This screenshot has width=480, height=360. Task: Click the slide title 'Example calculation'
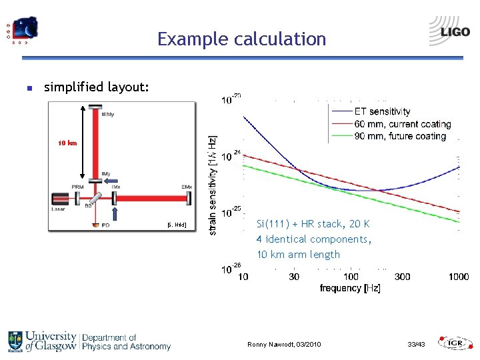pyautogui.click(x=241, y=39)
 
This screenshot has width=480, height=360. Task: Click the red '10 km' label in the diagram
pyautogui.click(x=67, y=143)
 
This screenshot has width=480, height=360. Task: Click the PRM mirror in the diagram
pyautogui.click(x=79, y=197)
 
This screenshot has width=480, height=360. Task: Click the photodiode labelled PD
pyautogui.click(x=95, y=225)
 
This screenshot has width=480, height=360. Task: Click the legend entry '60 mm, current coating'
pyautogui.click(x=402, y=124)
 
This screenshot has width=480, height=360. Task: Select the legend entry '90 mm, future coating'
pyautogui.click(x=399, y=136)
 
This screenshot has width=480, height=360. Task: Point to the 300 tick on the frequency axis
pyautogui.click(x=402, y=277)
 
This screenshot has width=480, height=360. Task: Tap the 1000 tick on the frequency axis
pyautogui.click(x=458, y=277)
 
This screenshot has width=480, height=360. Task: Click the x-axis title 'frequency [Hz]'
pyautogui.click(x=350, y=288)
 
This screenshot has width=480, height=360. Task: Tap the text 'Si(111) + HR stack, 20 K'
pyautogui.click(x=313, y=224)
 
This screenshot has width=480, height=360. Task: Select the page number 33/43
pyautogui.click(x=416, y=344)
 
